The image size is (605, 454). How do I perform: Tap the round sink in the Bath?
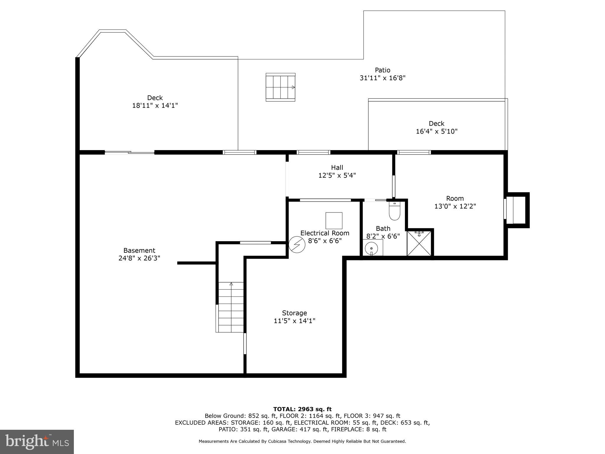pyautogui.click(x=371, y=248)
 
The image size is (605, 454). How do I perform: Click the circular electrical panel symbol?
pyautogui.click(x=297, y=244)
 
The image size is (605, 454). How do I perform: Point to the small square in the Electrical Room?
pyautogui.click(x=334, y=220)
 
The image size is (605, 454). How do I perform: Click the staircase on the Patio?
pyautogui.click(x=280, y=87)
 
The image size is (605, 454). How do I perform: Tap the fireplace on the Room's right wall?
pyautogui.click(x=517, y=210)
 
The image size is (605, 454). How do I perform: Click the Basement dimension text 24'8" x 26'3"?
pyautogui.click(x=139, y=258)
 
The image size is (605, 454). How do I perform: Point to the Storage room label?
pyautogui.click(x=294, y=313)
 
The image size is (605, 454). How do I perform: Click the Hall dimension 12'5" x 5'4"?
pyautogui.click(x=337, y=175)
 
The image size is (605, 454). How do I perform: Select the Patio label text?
pyautogui.click(x=383, y=70)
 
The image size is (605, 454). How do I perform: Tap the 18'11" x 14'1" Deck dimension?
pyautogui.click(x=155, y=106)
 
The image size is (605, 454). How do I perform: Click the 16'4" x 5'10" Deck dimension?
pyautogui.click(x=437, y=131)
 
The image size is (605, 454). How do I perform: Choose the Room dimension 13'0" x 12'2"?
pyautogui.click(x=455, y=206)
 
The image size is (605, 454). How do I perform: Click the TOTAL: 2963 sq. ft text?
pyautogui.click(x=302, y=409)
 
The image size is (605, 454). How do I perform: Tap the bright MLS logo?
pyautogui.click(x=37, y=442)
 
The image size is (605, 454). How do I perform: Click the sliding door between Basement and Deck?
pyautogui.click(x=129, y=153)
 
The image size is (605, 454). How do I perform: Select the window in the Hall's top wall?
pyautogui.click(x=313, y=153)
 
